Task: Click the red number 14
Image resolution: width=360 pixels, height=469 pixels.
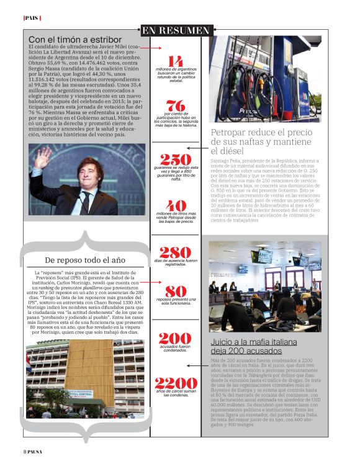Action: [176, 61]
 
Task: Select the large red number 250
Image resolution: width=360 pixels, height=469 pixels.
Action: [176, 159]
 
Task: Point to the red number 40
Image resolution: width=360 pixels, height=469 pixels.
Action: [176, 206]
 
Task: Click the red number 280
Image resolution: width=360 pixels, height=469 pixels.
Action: [175, 252]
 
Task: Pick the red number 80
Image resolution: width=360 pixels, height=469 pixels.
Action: [176, 291]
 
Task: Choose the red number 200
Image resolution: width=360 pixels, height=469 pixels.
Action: [175, 338]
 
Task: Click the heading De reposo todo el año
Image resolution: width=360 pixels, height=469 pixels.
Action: [86, 259]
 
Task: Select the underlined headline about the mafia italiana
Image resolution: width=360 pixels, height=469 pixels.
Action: [255, 346]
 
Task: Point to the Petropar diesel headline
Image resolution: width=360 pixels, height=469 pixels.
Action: [261, 141]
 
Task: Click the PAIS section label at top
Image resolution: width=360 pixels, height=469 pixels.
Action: [32, 18]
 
